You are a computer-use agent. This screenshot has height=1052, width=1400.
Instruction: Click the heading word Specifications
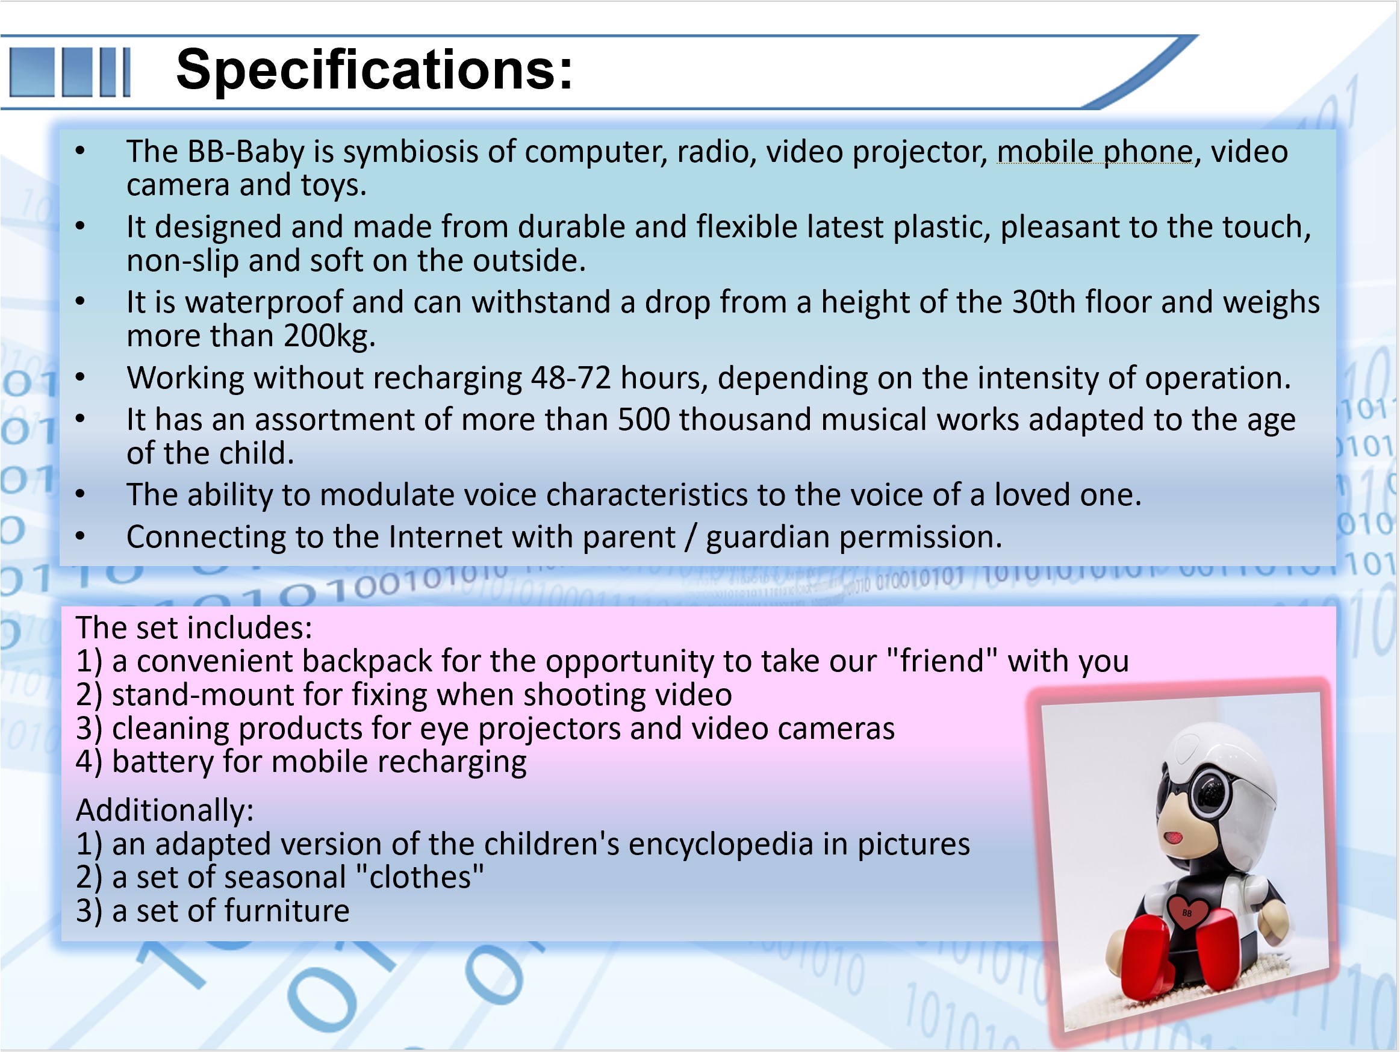point(374,71)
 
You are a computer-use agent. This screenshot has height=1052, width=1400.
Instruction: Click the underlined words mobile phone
point(1095,152)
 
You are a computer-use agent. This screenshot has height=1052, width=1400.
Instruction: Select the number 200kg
point(329,336)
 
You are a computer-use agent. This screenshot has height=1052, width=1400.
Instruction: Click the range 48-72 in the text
point(571,379)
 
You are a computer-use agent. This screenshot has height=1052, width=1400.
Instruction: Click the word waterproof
point(263,302)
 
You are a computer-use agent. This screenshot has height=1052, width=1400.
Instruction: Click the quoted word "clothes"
point(420,878)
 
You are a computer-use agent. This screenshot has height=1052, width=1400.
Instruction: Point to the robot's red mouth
point(1173,838)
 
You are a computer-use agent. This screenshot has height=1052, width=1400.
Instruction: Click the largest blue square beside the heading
point(32,72)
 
